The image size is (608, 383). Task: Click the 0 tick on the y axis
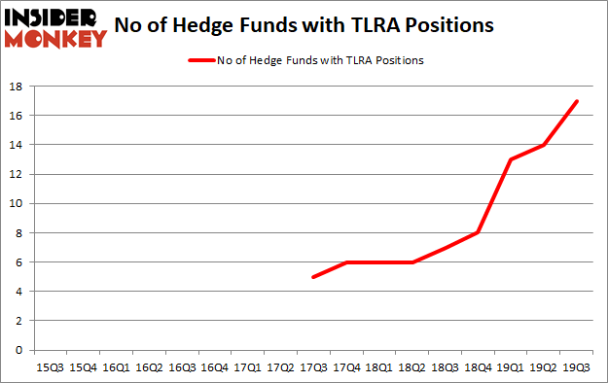pyautogui.click(x=19, y=350)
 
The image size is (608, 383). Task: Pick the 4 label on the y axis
pyautogui.click(x=19, y=292)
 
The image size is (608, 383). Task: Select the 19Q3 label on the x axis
pyautogui.click(x=577, y=367)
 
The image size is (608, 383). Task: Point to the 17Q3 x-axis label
pyautogui.click(x=312, y=367)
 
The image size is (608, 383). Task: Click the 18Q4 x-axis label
pyautogui.click(x=478, y=367)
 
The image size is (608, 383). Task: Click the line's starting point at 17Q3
pyautogui.click(x=312, y=277)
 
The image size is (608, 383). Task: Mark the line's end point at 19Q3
pyautogui.click(x=577, y=101)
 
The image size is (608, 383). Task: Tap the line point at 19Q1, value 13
pyautogui.click(x=511, y=159)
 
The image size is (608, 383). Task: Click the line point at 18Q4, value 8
pyautogui.click(x=478, y=232)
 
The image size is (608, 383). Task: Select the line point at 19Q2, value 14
pyautogui.click(x=544, y=145)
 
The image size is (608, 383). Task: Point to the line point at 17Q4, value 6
pyautogui.click(x=345, y=262)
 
